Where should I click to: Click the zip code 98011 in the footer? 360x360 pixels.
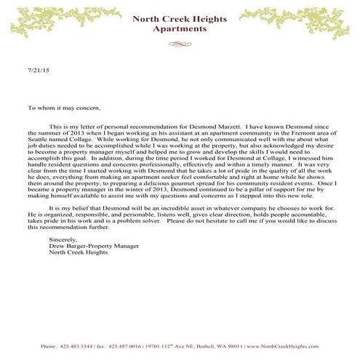[x=236, y=345]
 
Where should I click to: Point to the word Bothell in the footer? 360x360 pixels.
[x=205, y=345]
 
